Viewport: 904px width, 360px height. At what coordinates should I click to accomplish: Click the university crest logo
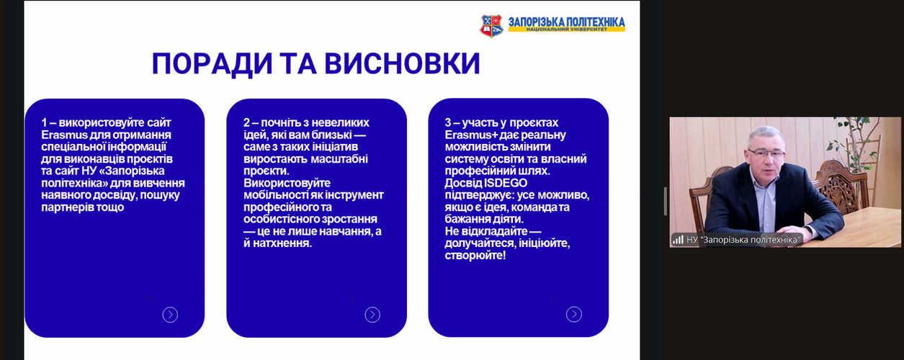(x=491, y=26)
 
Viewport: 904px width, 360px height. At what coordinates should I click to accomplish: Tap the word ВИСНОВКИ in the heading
(x=402, y=64)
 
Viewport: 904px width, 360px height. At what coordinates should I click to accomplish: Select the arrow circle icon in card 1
(x=170, y=315)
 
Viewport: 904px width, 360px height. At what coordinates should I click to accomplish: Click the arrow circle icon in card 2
(x=372, y=315)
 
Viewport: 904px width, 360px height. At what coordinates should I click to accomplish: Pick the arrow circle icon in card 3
(x=574, y=314)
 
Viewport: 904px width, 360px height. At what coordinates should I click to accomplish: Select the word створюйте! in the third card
(x=475, y=256)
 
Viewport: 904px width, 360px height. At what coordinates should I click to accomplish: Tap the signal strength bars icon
(x=678, y=240)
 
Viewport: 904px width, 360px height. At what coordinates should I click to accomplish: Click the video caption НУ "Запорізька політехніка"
(x=743, y=240)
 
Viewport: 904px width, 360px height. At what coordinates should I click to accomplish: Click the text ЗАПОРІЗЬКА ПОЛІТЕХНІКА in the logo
(x=566, y=22)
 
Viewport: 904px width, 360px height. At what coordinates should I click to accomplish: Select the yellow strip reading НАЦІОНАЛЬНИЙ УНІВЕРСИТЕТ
(x=567, y=30)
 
